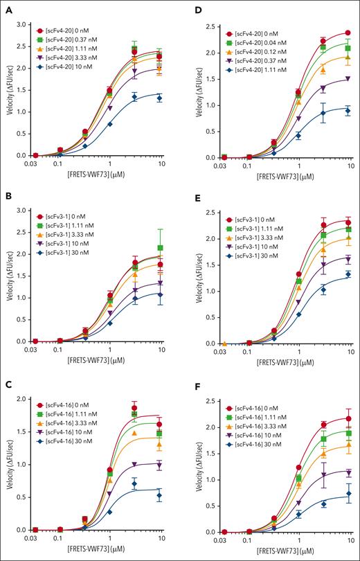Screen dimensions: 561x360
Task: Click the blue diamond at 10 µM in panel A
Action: [x=159, y=98]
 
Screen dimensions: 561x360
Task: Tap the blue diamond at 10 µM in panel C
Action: [x=159, y=495]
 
